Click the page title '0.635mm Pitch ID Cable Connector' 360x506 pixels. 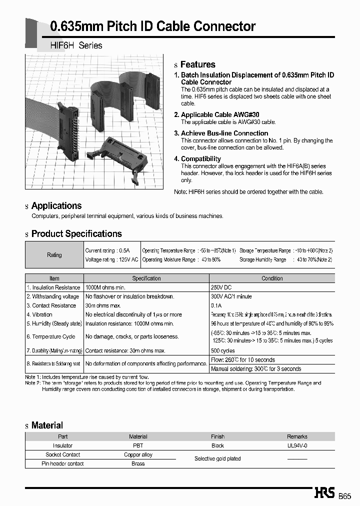pos(153,26)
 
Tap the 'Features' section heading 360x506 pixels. pos(197,64)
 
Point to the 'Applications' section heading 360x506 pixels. pos(56,205)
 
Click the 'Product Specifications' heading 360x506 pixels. pos(76,233)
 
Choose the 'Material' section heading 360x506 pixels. pos(47,425)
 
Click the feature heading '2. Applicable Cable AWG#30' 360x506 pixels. pos(216,115)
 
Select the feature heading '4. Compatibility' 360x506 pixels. pos(197,159)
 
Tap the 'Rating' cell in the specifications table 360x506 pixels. pos(54,255)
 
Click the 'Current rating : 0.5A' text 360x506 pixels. pos(107,250)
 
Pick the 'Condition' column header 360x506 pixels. pos(272,278)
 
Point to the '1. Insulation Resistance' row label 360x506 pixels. pos(53,287)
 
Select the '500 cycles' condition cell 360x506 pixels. pos(223,350)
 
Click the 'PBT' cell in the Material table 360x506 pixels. pos(138,445)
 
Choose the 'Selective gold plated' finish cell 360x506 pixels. pos(217,458)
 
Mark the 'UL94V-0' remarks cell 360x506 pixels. pos(297,445)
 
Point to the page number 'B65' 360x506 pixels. pos(345,496)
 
